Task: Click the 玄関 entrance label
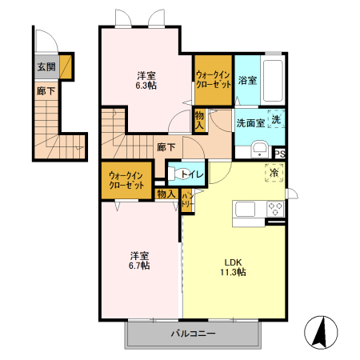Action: (x=46, y=66)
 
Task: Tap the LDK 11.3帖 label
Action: (x=233, y=267)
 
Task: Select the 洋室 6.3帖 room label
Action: (x=146, y=81)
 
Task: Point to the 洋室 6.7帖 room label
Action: (x=139, y=261)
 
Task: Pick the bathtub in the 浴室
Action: (x=273, y=81)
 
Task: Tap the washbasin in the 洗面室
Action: (x=259, y=150)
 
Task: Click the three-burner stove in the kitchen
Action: (x=275, y=209)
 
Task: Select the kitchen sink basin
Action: (x=245, y=209)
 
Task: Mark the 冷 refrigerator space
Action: (x=274, y=173)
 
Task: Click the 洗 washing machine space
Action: (x=276, y=119)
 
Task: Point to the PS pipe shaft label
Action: (x=280, y=154)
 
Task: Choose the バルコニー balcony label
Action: (x=193, y=334)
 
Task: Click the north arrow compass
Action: (x=321, y=332)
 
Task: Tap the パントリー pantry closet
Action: (x=187, y=201)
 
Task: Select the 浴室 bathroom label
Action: (x=247, y=80)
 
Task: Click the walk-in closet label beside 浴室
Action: (x=214, y=80)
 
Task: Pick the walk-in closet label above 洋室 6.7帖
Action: (x=126, y=180)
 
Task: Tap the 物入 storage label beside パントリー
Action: (x=166, y=194)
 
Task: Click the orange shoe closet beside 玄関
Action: (x=66, y=66)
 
